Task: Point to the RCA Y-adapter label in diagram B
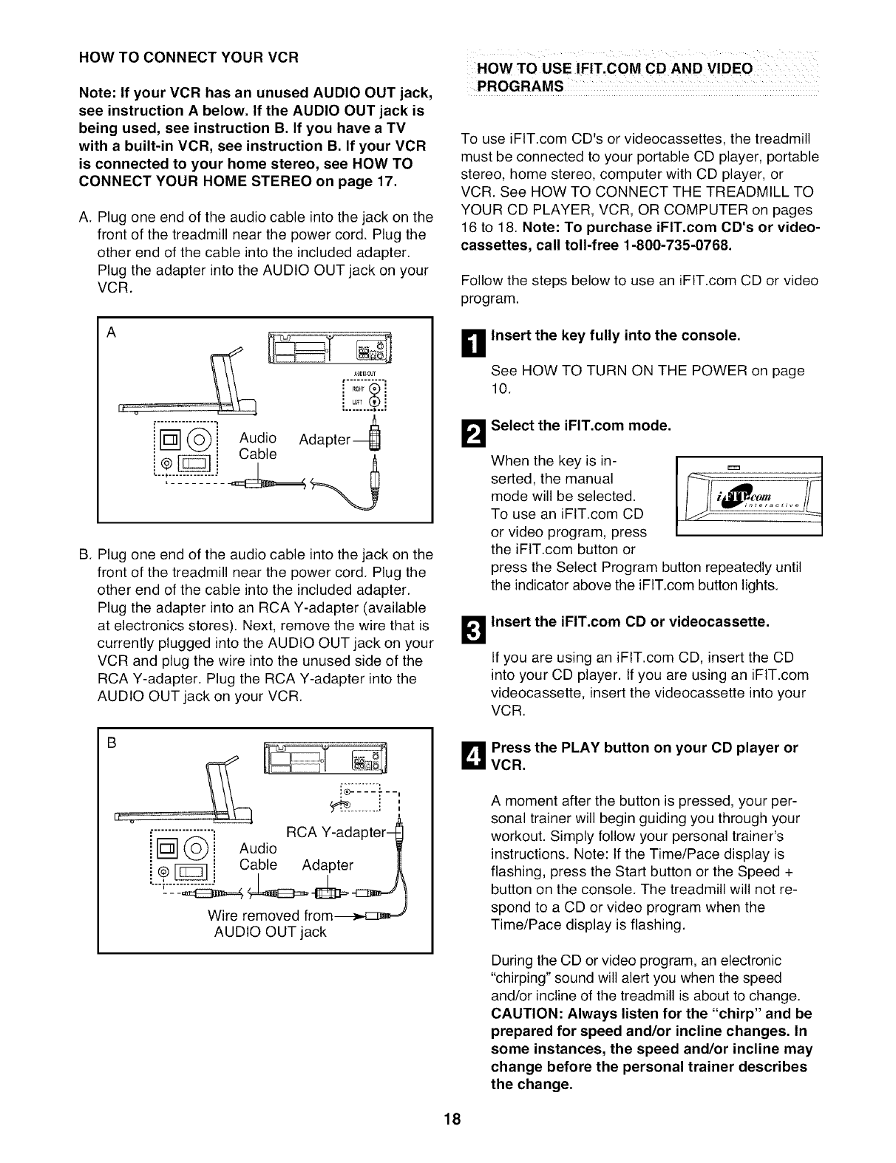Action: [x=336, y=833]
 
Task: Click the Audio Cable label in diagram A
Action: [x=257, y=446]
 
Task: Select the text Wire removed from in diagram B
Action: [x=271, y=915]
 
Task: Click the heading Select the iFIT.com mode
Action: [x=581, y=426]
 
